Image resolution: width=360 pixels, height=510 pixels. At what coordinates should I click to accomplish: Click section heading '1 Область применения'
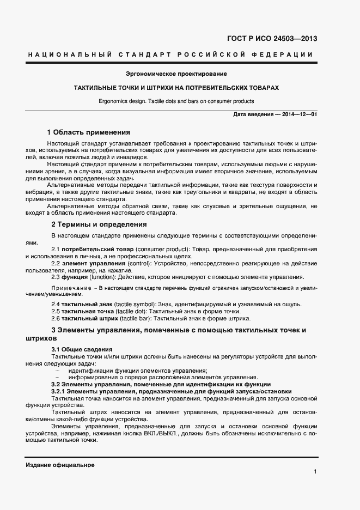(x=89, y=132)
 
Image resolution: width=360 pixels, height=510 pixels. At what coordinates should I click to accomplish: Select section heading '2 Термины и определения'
(x=99, y=224)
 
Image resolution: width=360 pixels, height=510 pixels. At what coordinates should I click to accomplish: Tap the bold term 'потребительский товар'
(x=97, y=249)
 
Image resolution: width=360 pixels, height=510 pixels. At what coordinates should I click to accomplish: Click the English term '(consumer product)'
(x=161, y=249)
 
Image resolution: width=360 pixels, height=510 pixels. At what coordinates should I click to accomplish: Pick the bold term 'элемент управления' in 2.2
(x=94, y=263)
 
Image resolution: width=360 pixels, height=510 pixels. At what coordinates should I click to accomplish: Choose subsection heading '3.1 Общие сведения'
(x=82, y=349)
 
